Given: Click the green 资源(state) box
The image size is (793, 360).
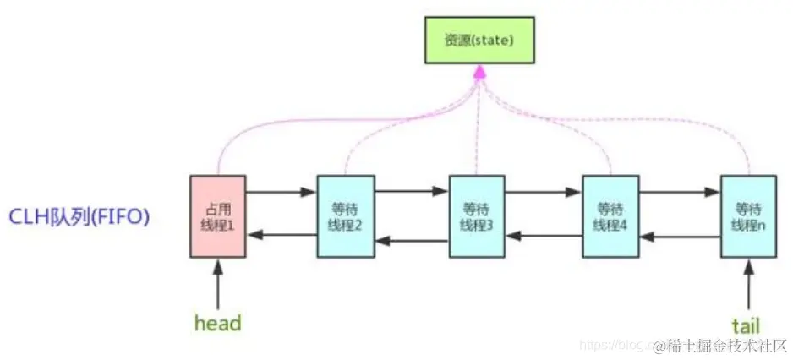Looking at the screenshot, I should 478,41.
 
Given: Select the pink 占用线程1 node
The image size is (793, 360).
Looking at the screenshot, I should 217,216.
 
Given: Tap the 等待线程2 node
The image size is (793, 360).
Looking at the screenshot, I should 345,216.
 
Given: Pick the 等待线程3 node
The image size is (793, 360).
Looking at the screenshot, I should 477,216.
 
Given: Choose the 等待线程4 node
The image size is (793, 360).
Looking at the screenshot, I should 610,216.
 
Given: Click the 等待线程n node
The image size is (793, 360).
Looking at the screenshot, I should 748,216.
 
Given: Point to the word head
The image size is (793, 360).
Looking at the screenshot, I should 217,324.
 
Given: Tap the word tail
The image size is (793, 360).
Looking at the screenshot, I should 747,325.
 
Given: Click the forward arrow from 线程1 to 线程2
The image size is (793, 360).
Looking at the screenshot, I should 281,193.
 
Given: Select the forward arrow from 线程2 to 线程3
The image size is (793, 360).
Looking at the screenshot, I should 411,192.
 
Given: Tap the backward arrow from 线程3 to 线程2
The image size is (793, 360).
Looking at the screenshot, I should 411,241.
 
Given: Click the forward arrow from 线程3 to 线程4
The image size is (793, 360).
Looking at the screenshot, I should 544,193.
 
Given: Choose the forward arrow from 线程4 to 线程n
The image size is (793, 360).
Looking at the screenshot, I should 679,192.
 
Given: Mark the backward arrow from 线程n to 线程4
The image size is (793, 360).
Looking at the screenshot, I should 679,237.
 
